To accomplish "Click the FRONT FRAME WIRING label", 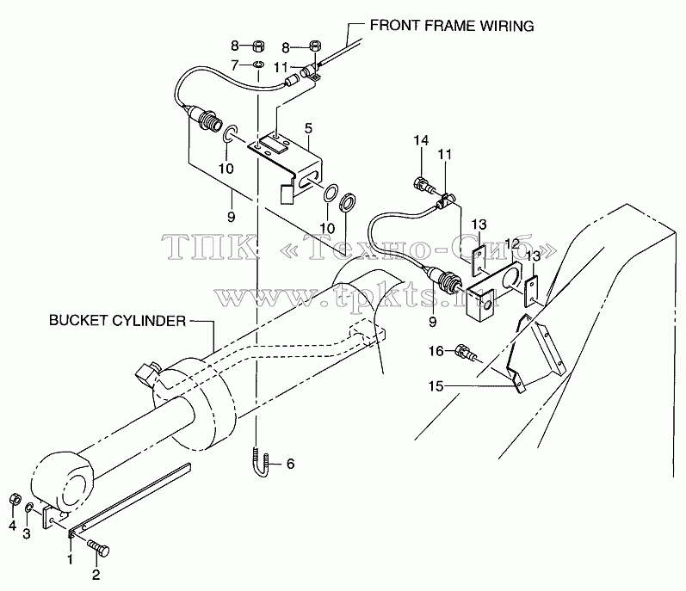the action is pos(452,26).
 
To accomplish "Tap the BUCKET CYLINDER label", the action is pos(117,320).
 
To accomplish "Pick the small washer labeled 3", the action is pos(29,508).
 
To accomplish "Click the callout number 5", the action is pos(308,128).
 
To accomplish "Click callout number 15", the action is pos(436,386).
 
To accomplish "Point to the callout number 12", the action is pos(512,243).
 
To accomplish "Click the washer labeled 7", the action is pos(259,65).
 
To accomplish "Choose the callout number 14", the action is pos(421,141).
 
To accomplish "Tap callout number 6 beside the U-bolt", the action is pos(291,464).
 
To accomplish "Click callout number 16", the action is pos(436,351).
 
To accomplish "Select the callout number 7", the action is pos(235,65).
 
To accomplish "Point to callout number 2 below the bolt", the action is pos(96,575).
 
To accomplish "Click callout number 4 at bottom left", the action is pos(12,526).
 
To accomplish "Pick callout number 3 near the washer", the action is pos(27,533).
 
